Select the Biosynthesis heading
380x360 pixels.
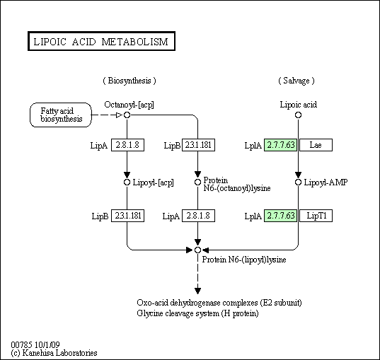coord(129,81)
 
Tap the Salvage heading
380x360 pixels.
coord(296,81)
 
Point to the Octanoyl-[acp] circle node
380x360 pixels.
coord(127,115)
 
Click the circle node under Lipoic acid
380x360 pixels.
coord(298,115)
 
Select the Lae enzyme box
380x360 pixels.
coord(316,145)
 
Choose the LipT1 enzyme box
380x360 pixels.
coord(316,216)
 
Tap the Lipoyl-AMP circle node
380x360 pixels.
coord(298,182)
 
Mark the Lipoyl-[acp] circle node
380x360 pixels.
coord(127,182)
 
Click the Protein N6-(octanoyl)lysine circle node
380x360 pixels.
coord(197,182)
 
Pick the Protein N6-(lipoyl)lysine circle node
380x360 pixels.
coord(197,250)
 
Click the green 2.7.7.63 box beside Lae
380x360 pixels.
coord(280,145)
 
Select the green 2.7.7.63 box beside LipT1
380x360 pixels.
coord(280,216)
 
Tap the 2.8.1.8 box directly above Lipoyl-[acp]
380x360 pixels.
coord(127,145)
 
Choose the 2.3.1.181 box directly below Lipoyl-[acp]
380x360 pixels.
coord(127,216)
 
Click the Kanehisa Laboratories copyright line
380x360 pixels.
coord(54,353)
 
